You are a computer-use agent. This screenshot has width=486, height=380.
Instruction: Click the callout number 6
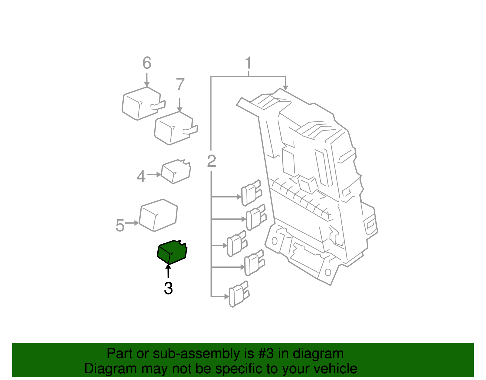(147, 63)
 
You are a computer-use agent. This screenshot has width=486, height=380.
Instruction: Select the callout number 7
(180, 84)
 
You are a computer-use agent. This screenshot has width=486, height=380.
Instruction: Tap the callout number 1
(248, 63)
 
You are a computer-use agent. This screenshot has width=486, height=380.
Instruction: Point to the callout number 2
(211, 161)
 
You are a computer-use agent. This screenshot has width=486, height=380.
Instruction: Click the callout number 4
(141, 176)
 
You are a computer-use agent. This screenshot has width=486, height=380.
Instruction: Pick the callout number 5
(120, 225)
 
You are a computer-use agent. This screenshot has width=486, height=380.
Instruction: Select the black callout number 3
(168, 288)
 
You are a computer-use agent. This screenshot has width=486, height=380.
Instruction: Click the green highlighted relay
(172, 252)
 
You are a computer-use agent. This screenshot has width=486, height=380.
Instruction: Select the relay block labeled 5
(158, 215)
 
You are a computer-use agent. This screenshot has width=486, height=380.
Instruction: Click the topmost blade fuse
(251, 193)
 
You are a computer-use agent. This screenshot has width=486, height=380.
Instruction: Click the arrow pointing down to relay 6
(147, 80)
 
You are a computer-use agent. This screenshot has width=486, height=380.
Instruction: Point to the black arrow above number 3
(168, 271)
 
